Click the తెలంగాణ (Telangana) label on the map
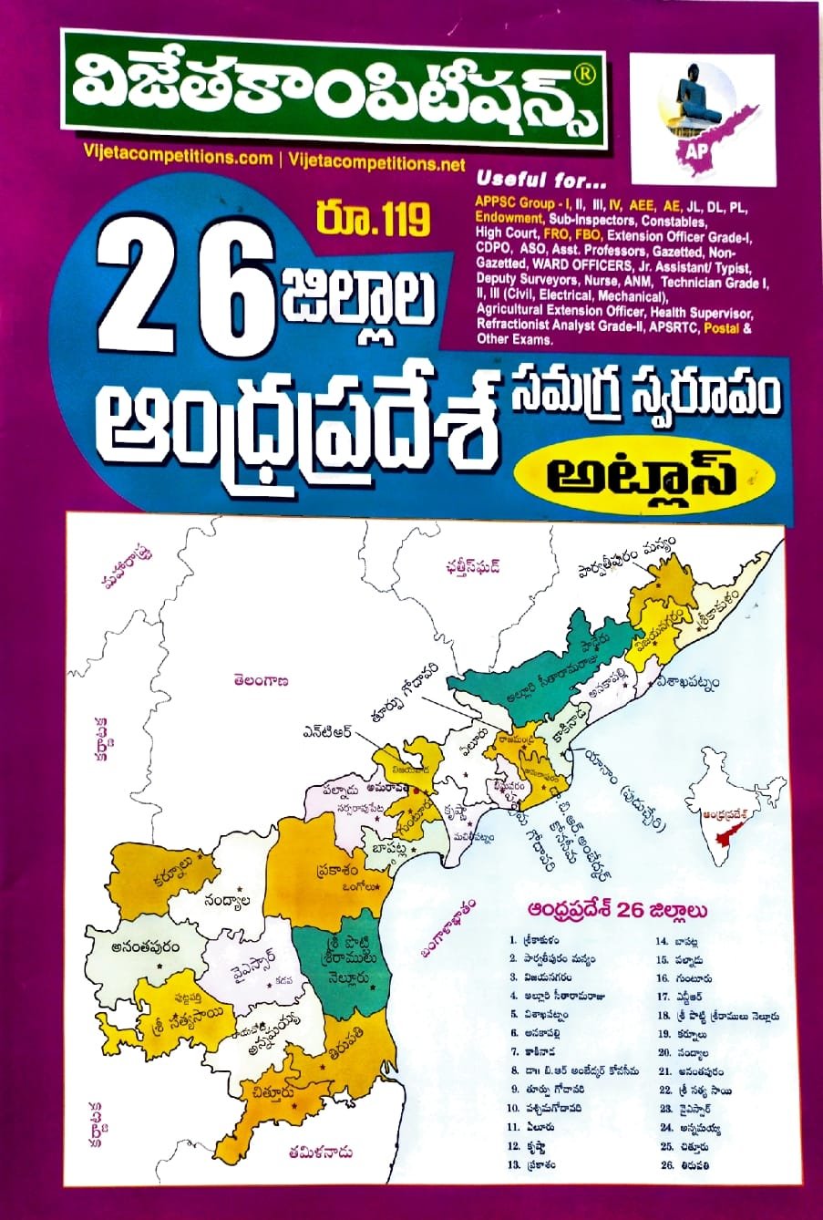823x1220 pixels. [x=261, y=679]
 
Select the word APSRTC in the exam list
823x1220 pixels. [x=674, y=326]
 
